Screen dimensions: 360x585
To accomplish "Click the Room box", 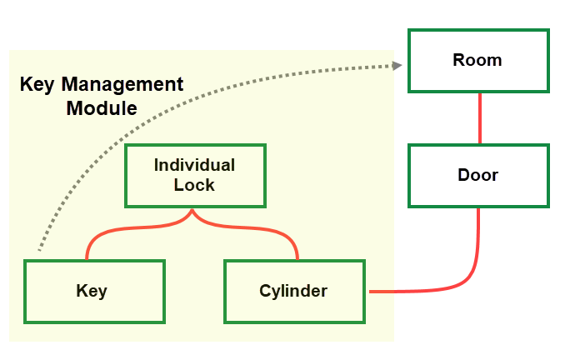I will tap(477, 61).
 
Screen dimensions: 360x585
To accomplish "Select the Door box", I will tap(477, 176).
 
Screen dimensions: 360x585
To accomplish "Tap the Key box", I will tap(93, 291).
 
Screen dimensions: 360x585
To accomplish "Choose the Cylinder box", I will tap(293, 291).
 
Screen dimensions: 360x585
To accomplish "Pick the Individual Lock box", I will tap(194, 176).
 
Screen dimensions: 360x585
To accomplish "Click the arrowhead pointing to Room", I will tap(398, 65).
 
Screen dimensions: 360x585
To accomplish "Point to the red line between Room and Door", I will tap(479, 118).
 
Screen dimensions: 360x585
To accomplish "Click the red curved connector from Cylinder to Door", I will tap(467, 279).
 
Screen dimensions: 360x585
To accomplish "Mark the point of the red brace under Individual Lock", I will tap(193, 213).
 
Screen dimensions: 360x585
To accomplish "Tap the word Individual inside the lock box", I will tap(194, 165).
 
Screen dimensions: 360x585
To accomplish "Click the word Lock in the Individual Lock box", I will tap(194, 185).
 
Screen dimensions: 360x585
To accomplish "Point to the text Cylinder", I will tap(293, 291).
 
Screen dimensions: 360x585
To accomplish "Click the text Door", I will tap(477, 176).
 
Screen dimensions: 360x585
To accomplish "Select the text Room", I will tap(477, 61).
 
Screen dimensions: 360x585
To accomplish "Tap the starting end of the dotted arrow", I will tap(38, 249).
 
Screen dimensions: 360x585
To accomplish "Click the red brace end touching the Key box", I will tap(87, 257).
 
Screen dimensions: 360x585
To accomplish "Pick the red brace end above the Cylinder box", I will tap(297, 257).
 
